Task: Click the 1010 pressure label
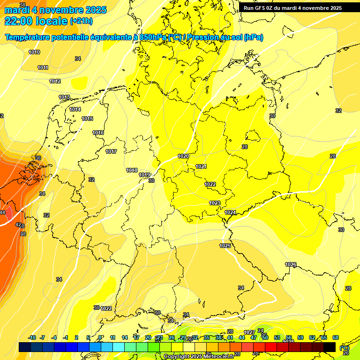pyautogui.click(x=34, y=52)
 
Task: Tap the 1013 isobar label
pyautogui.click(x=64, y=97)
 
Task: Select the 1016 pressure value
pyautogui.click(x=98, y=133)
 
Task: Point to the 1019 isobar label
pyautogui.click(x=144, y=175)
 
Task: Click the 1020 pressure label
pyautogui.click(x=183, y=156)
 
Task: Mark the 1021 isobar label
pyautogui.click(x=201, y=166)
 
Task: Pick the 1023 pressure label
pyautogui.click(x=215, y=203)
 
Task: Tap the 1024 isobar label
pyautogui.click(x=230, y=212)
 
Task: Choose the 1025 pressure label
pyautogui.click(x=225, y=246)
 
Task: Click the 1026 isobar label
pyautogui.click(x=291, y=265)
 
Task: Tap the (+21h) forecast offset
pyautogui.click(x=81, y=21)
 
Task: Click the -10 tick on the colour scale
pyautogui.click(x=32, y=337)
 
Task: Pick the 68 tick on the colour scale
pyautogui.click(x=336, y=337)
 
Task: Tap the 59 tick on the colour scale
pyautogui.click(x=300, y=337)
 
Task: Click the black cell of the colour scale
pyautogui.click(x=330, y=347)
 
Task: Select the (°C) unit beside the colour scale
pyautogui.click(x=345, y=347)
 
